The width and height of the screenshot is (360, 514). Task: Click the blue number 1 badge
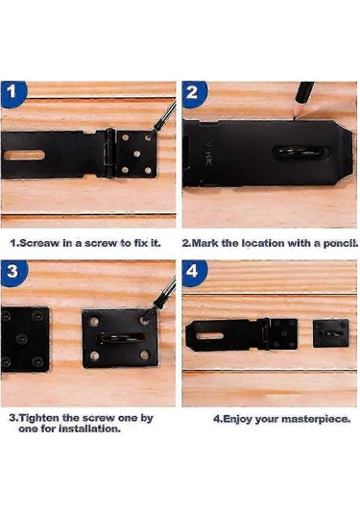pos(13,93)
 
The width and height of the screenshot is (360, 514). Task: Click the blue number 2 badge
pos(194,94)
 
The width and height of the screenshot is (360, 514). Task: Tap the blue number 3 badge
pos(14,273)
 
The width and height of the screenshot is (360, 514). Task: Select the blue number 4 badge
pos(194,273)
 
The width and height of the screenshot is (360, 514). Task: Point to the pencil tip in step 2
pos(295,117)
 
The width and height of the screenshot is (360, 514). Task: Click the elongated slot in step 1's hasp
pos(24,155)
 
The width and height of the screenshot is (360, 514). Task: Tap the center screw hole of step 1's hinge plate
pos(137,154)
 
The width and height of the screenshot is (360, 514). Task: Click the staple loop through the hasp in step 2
pos(300,153)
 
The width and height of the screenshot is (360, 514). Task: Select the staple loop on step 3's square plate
pos(121,337)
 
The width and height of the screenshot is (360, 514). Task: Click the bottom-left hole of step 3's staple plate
pos(95,355)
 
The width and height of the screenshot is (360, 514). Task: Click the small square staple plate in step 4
pos(330,333)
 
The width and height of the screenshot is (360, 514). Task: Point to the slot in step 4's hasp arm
pos(209,335)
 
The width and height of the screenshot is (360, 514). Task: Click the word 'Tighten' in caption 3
pos(39,418)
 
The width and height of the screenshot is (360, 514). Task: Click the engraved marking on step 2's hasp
pos(208,154)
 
